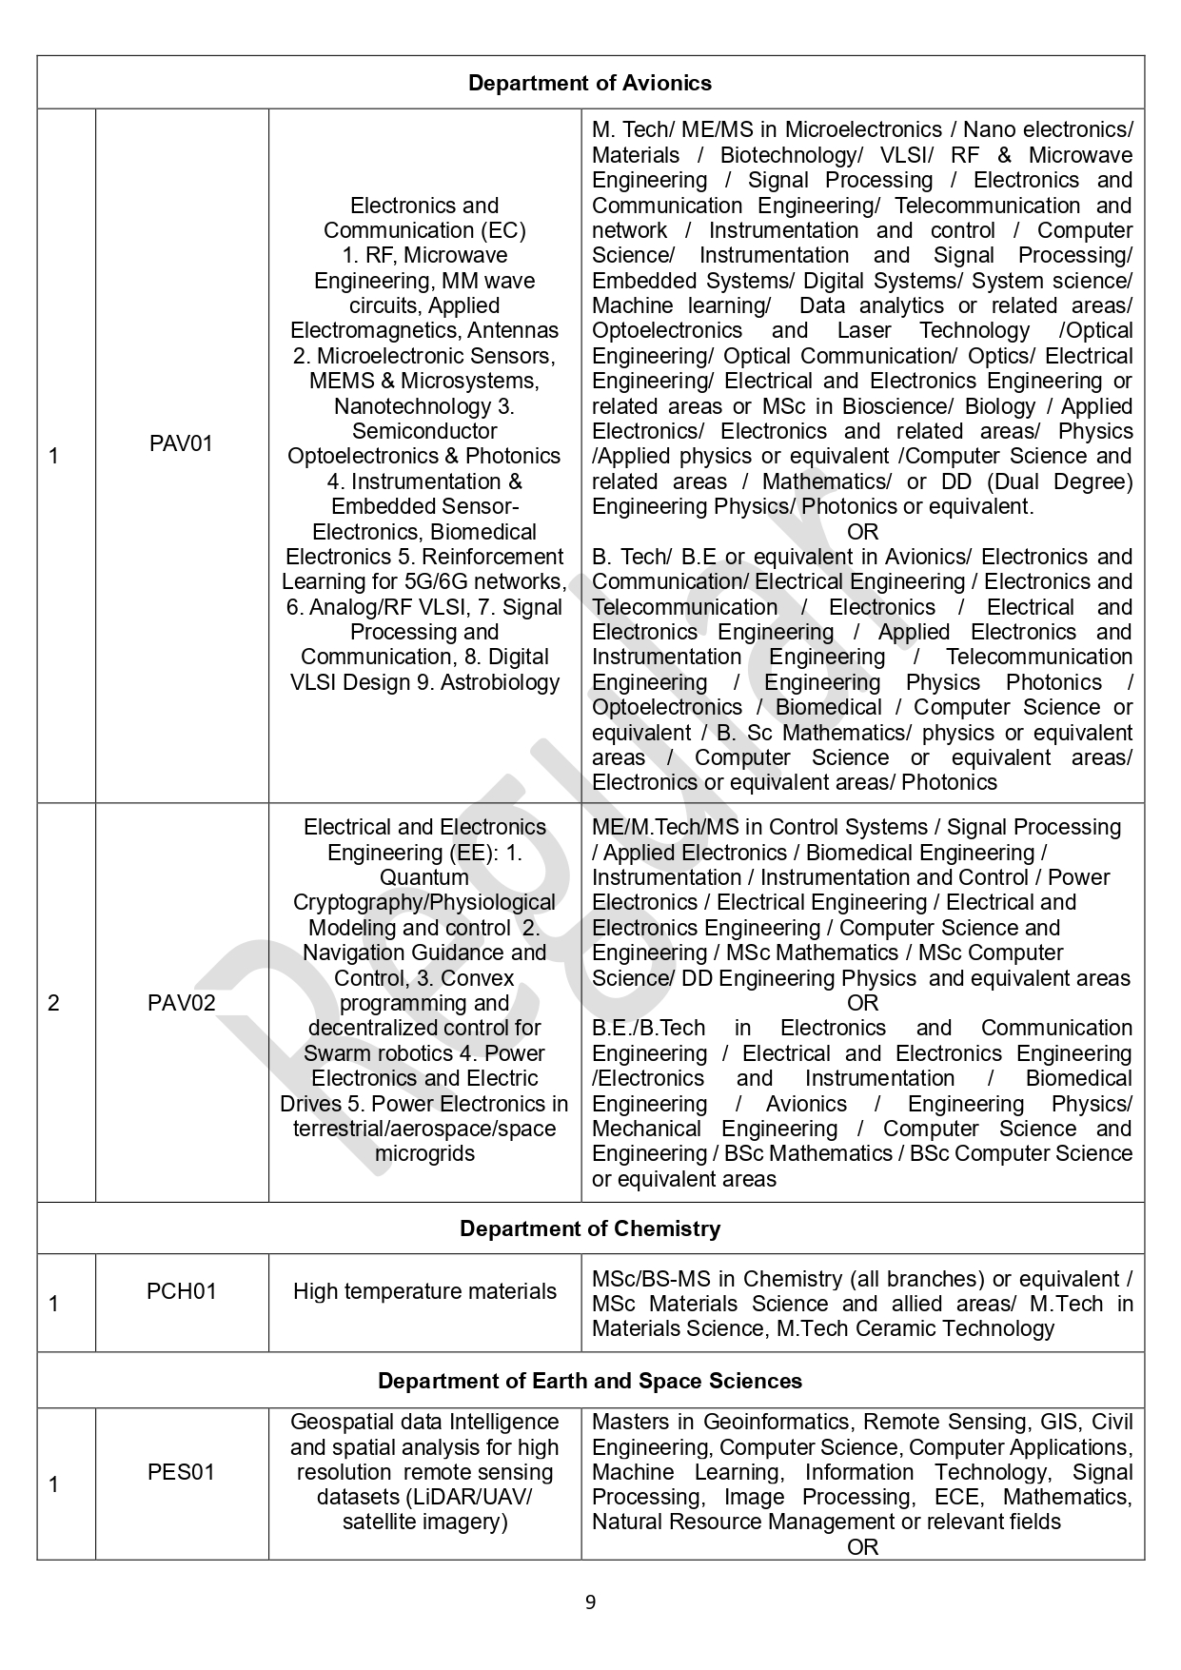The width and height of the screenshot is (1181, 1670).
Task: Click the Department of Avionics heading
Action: pyautogui.click(x=589, y=83)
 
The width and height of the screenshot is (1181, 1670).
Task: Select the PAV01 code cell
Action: pyautogui.click(x=181, y=443)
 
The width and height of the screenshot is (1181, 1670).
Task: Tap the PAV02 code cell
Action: pyautogui.click(x=181, y=1002)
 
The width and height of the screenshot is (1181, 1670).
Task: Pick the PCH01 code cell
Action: pyautogui.click(x=181, y=1291)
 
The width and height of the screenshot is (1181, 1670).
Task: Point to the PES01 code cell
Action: pyautogui.click(x=181, y=1472)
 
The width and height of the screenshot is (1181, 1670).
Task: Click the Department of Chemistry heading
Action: pyautogui.click(x=589, y=1228)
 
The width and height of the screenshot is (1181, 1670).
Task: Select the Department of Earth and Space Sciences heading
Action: pyautogui.click(x=589, y=1381)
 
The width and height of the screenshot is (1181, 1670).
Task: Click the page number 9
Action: pyautogui.click(x=590, y=1602)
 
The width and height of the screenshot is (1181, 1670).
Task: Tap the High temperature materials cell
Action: pyautogui.click(x=424, y=1291)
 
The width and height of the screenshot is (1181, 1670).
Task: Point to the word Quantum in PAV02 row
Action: pyautogui.click(x=424, y=877)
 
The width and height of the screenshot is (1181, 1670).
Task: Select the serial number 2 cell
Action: pyautogui.click(x=53, y=1003)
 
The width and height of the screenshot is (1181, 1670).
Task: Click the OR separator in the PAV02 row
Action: pyautogui.click(x=862, y=1003)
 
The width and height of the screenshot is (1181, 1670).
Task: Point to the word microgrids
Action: pyautogui.click(x=424, y=1153)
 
